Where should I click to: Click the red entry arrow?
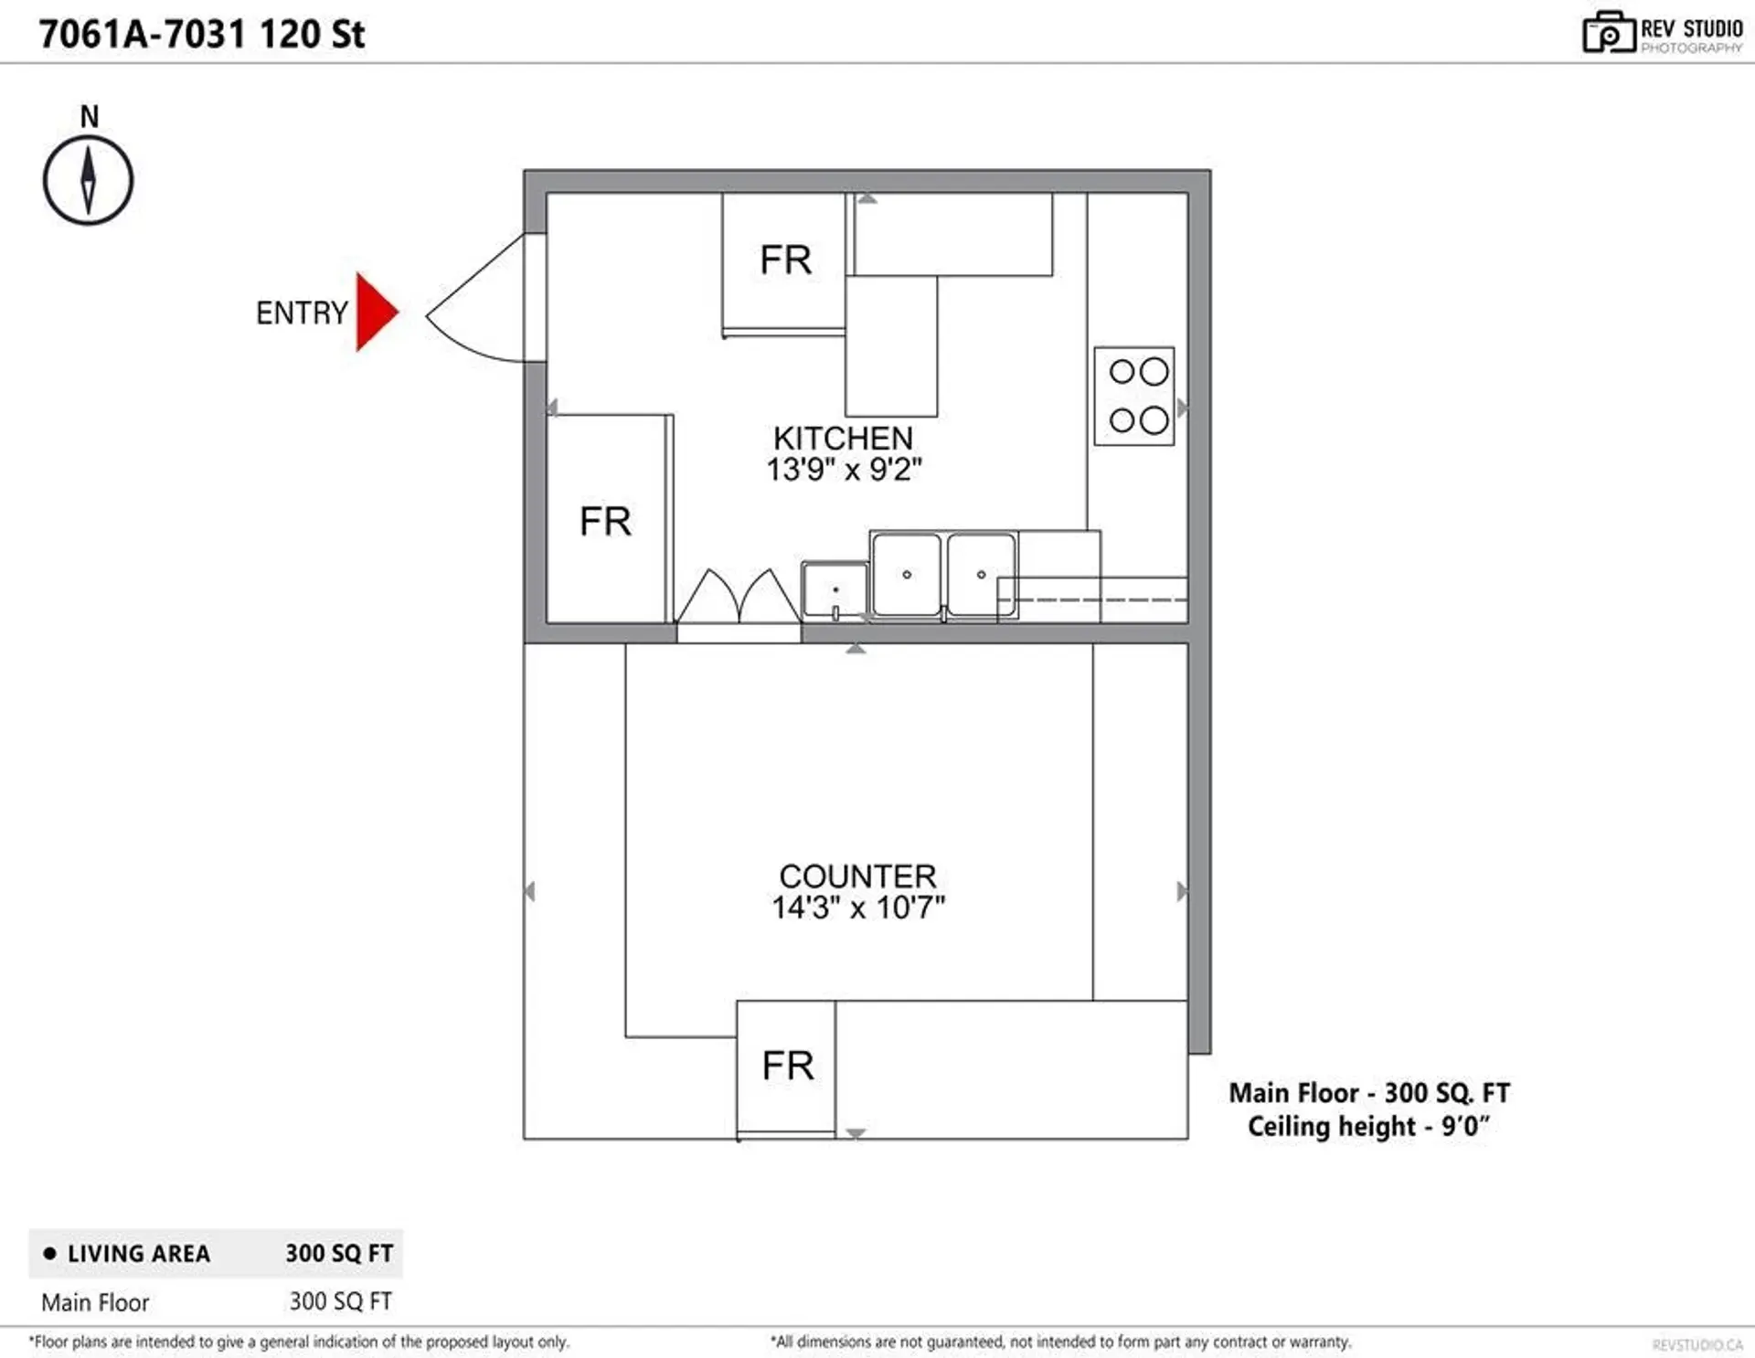[x=375, y=312]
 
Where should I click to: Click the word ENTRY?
[x=302, y=313]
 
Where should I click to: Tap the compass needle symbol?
[x=88, y=180]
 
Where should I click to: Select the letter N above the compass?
[x=89, y=117]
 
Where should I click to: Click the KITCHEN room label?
[x=843, y=438]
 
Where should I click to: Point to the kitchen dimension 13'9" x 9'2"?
[x=843, y=470]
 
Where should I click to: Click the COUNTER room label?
[x=857, y=876]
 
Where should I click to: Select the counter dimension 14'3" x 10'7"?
[x=857, y=908]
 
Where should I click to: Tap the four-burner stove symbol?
[x=1133, y=397]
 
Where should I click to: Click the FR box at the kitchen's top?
[x=784, y=261]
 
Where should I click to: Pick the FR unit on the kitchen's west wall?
[x=606, y=521]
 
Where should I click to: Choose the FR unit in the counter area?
[x=786, y=1066]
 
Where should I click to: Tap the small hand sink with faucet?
[x=835, y=590]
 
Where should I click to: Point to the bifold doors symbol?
[x=739, y=598]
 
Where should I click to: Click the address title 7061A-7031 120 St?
[x=201, y=35]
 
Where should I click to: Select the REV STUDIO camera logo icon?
[x=1608, y=33]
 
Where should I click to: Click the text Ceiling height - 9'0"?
[x=1368, y=1126]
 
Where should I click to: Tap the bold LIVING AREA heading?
[x=138, y=1254]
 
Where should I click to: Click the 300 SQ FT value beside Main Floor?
[x=340, y=1301]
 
